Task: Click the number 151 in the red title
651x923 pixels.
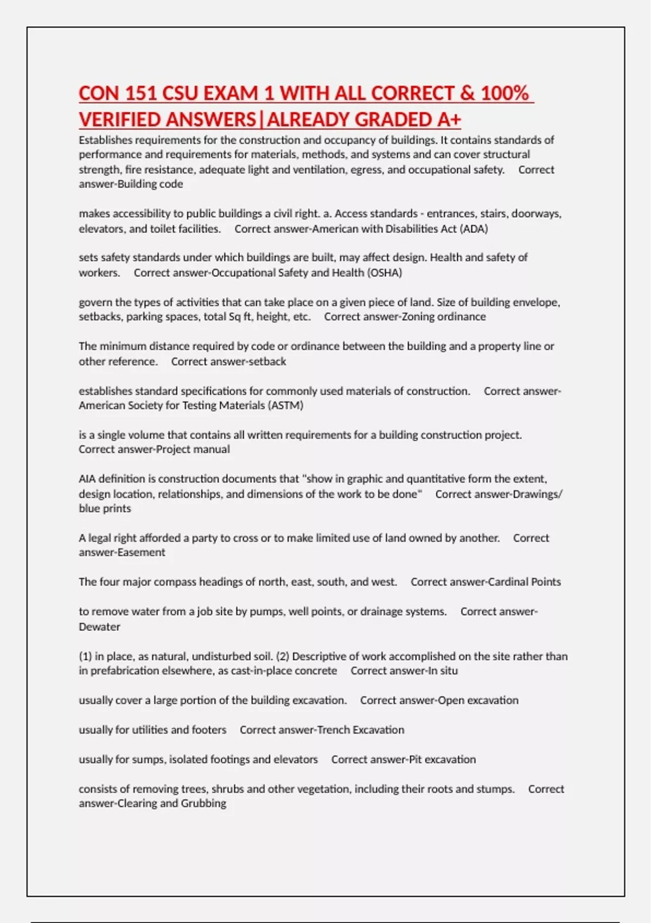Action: click(141, 93)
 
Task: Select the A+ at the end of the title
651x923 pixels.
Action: click(449, 119)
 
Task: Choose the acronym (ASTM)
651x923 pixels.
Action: click(285, 405)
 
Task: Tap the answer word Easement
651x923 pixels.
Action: click(142, 552)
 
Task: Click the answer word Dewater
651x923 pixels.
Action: click(99, 627)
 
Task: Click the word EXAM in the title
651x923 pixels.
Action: click(231, 93)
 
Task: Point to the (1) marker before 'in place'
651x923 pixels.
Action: click(85, 656)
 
